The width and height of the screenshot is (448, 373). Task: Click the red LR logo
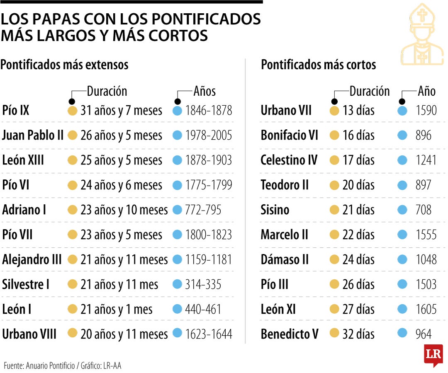pyautogui.click(x=433, y=355)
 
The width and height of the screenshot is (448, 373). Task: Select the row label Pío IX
pyautogui.click(x=16, y=111)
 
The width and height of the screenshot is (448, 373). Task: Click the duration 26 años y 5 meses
pyautogui.click(x=121, y=136)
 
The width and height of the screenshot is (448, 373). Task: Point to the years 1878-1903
pyautogui.click(x=209, y=160)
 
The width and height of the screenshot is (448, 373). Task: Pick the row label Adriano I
pyautogui.click(x=24, y=210)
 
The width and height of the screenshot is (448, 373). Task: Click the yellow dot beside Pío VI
pyautogui.click(x=73, y=185)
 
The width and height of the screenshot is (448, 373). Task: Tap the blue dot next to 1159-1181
pyautogui.click(x=178, y=260)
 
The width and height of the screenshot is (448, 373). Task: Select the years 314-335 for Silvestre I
pyautogui.click(x=203, y=285)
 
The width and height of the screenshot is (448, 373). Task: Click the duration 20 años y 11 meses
pyautogui.click(x=124, y=334)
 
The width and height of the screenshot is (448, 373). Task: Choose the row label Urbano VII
pyautogui.click(x=286, y=111)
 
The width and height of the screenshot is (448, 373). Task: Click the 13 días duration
pyautogui.click(x=358, y=111)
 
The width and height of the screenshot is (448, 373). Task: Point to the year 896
pyautogui.click(x=424, y=136)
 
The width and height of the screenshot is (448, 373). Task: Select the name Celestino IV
pyautogui.click(x=289, y=160)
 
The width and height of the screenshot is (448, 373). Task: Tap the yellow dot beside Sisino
pyautogui.click(x=335, y=210)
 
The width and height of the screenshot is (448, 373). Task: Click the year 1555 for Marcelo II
pyautogui.click(x=426, y=235)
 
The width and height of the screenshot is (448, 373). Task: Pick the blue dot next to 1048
pyautogui.click(x=402, y=260)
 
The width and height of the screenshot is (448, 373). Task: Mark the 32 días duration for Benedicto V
pyautogui.click(x=358, y=334)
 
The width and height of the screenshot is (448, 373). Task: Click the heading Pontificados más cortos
pyautogui.click(x=318, y=65)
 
